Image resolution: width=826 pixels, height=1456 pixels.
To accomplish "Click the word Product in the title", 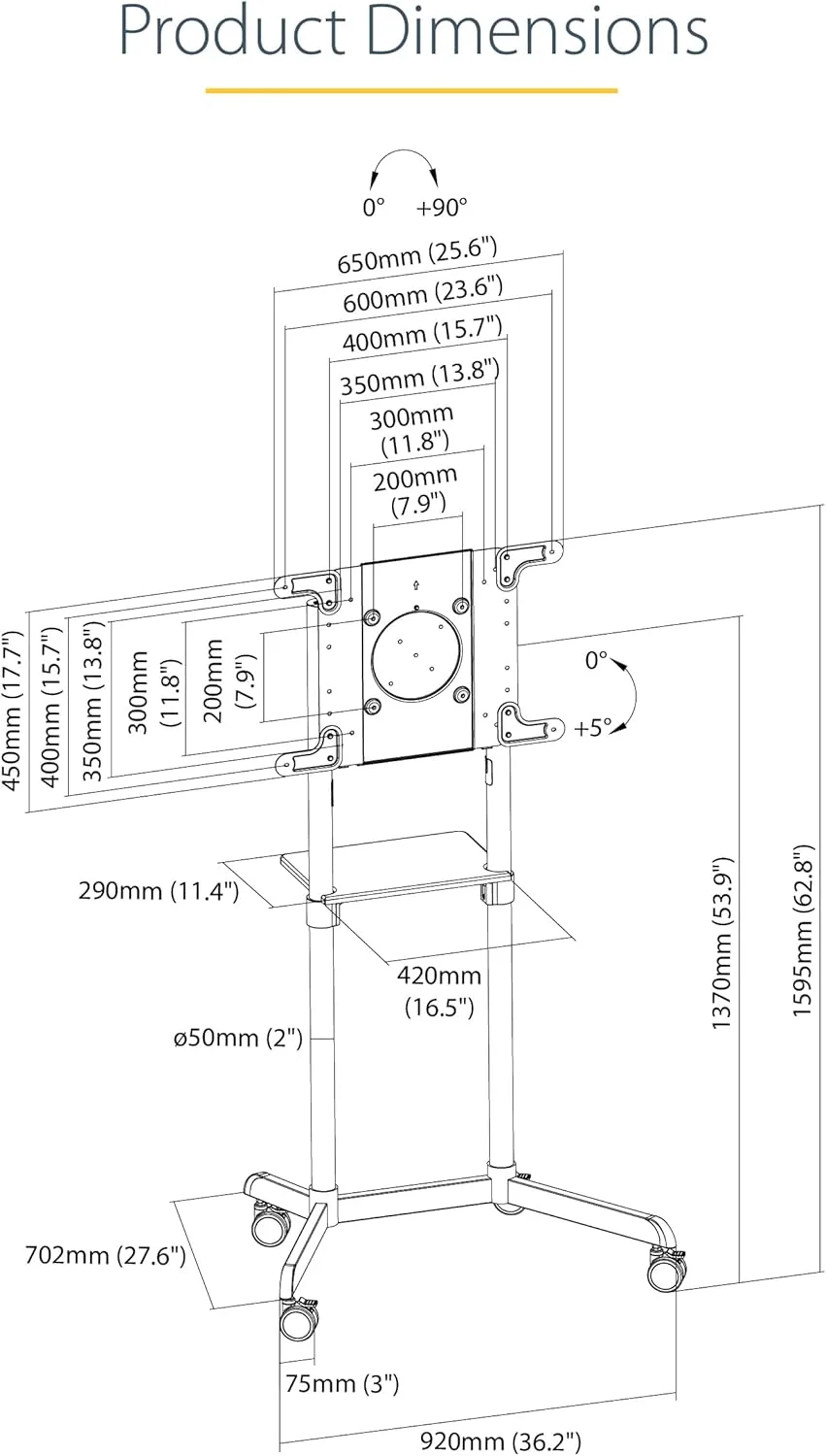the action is coord(233,30).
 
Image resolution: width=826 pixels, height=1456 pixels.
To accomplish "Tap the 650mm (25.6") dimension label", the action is coord(417,254).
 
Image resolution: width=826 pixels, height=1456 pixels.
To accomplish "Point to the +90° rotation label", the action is coord(442,208).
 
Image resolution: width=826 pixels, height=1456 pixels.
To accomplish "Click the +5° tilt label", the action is coord(593,727).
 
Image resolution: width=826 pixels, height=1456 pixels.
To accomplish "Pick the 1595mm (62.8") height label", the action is coord(803,930).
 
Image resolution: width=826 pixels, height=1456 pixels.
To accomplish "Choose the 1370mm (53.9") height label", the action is coord(723,943).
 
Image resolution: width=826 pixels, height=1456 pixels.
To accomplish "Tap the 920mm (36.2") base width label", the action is coord(501,1441).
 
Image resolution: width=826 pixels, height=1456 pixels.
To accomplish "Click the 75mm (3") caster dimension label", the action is coord(343,1384).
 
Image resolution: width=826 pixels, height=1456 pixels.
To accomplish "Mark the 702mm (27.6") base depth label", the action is coord(105,1255).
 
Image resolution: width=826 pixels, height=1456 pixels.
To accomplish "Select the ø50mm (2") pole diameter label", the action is coord(239,1038).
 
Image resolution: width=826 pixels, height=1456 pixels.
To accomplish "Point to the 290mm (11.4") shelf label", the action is coord(158,890).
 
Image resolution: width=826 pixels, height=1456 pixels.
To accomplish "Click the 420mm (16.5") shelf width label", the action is coord(440,992).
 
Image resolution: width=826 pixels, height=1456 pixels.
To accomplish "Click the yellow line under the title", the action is coord(412,91).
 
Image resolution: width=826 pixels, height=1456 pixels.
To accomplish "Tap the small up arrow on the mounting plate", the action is coord(416,585).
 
